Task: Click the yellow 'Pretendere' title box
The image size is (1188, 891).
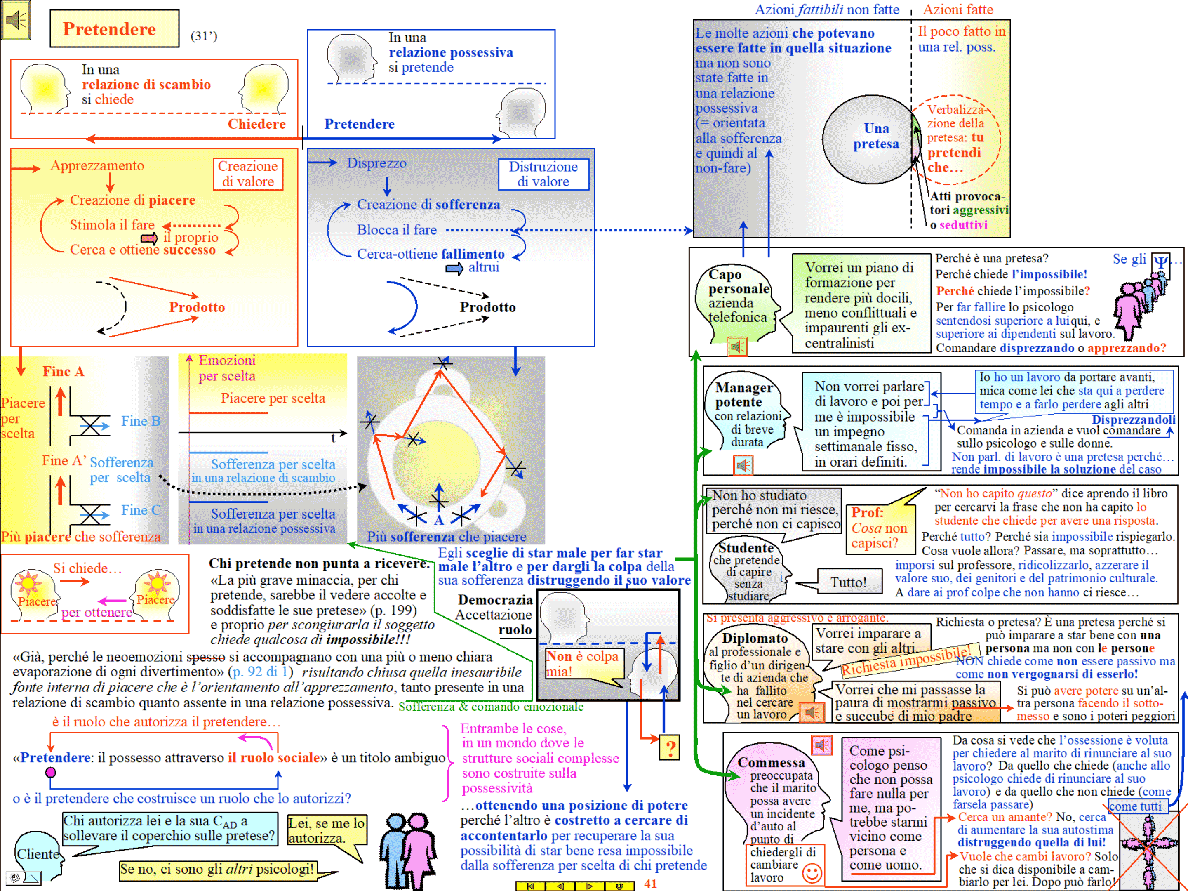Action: click(114, 28)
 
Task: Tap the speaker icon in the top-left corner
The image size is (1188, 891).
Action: click(16, 21)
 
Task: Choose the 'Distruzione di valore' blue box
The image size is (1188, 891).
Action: click(543, 174)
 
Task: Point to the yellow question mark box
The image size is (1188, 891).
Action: click(670, 747)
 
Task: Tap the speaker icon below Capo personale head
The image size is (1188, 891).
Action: click(737, 346)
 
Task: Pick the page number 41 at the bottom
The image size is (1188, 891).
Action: click(650, 884)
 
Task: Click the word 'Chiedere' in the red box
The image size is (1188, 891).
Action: click(257, 124)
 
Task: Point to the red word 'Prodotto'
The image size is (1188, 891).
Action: click(197, 307)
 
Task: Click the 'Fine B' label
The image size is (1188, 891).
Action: click(141, 421)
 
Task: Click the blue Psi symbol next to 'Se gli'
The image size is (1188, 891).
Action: click(1160, 263)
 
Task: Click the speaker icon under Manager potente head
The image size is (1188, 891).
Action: click(743, 465)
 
